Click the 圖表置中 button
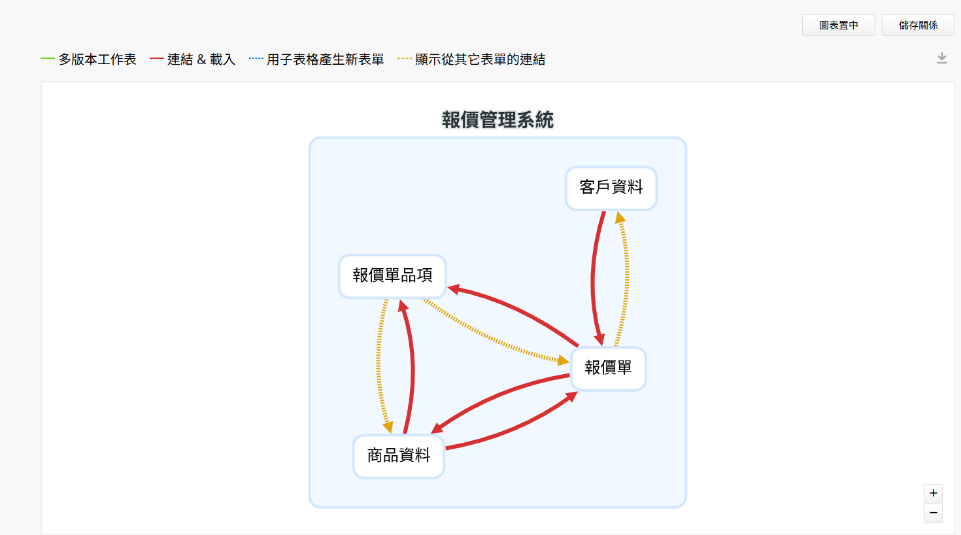(838, 26)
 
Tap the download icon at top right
(941, 58)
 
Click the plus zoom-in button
(933, 493)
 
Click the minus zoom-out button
(933, 513)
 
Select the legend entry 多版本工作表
(88, 59)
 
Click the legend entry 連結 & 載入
(193, 59)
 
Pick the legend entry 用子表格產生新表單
(316, 59)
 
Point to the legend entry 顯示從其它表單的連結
(471, 59)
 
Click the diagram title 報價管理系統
(497, 120)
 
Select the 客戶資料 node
(611, 188)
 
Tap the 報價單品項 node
(392, 276)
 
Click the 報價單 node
(608, 368)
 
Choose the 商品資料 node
(399, 457)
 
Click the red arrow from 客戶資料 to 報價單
(593, 279)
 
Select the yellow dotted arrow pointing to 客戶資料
(626, 279)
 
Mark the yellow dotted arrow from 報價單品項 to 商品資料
(378, 365)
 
